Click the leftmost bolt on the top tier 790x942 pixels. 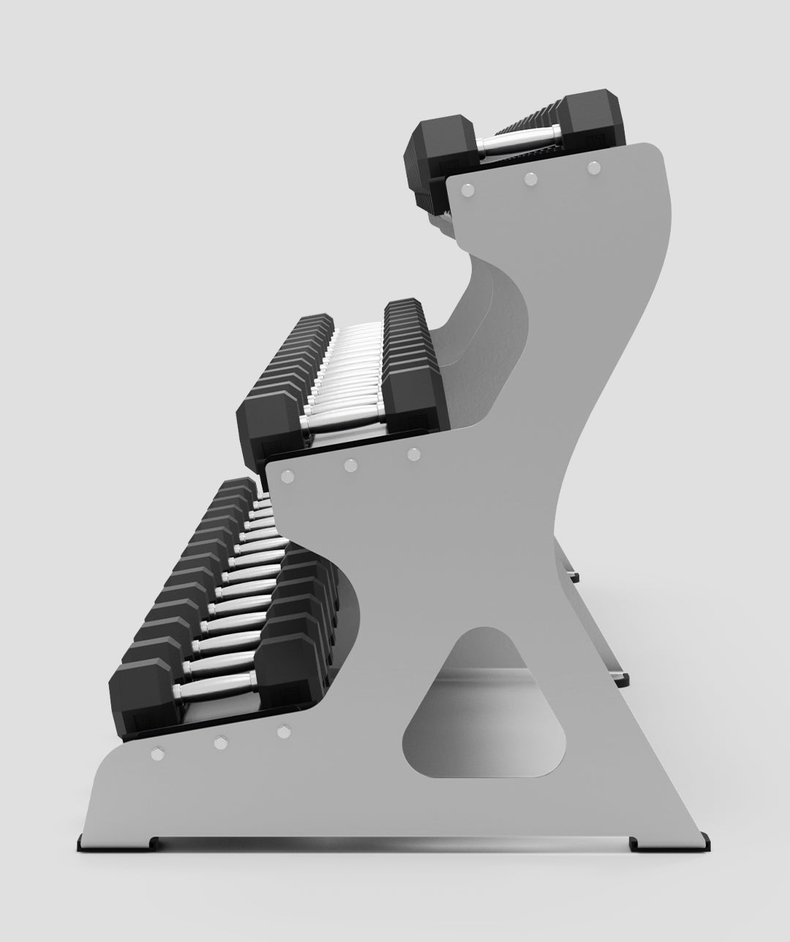[468, 189]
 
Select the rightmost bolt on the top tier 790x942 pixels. [594, 167]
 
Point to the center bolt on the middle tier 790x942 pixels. [350, 464]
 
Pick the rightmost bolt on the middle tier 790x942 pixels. [414, 454]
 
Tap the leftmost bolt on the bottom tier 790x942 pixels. [157, 753]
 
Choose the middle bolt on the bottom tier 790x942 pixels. [220, 742]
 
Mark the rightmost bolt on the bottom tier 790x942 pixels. [283, 730]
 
